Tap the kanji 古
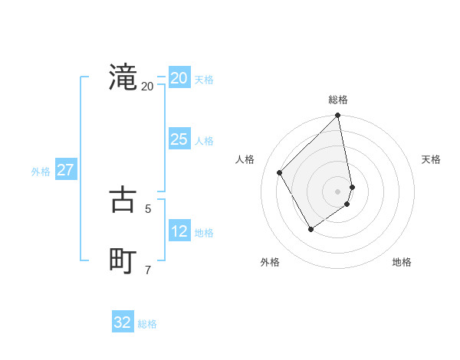pyautogui.click(x=123, y=200)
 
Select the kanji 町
pyautogui.click(x=123, y=260)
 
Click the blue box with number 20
pyautogui.click(x=179, y=78)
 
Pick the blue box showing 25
pyautogui.click(x=179, y=139)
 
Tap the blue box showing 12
pyautogui.click(x=179, y=231)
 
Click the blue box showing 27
pyautogui.click(x=66, y=170)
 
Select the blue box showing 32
pyautogui.click(x=123, y=322)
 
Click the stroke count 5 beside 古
pyautogui.click(x=148, y=208)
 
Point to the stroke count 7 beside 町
pyautogui.click(x=148, y=269)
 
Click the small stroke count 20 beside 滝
pyautogui.click(x=147, y=86)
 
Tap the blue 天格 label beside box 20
pyautogui.click(x=204, y=80)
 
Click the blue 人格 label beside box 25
pyautogui.click(x=204, y=141)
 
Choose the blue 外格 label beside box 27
pyautogui.click(x=41, y=172)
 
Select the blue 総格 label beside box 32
pyautogui.click(x=147, y=324)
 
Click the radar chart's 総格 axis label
pyautogui.click(x=338, y=100)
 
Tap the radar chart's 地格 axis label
pyautogui.click(x=402, y=262)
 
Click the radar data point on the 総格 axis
pyautogui.click(x=338, y=116)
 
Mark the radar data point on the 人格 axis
pyautogui.click(x=280, y=173)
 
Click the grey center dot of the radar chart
pyautogui.click(x=338, y=191)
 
